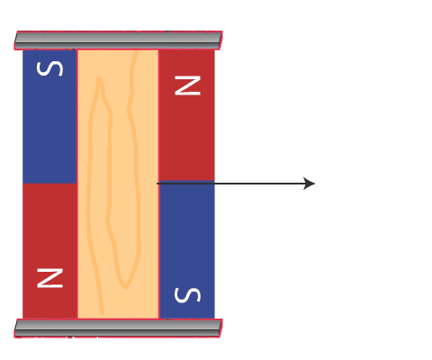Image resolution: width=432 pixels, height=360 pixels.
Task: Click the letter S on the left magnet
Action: [x=49, y=68]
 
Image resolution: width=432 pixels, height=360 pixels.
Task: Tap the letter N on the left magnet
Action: [x=49, y=278]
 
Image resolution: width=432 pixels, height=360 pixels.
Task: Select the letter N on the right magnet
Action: [x=187, y=85]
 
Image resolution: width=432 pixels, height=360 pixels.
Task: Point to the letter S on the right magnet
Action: [x=187, y=295]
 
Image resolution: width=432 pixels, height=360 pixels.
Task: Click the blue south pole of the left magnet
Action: [x=49, y=116]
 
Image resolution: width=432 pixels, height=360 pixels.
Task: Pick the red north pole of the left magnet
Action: [x=49, y=251]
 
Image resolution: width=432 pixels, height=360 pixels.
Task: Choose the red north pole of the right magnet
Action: [x=186, y=115]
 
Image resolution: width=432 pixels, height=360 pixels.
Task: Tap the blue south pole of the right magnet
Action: [x=186, y=249]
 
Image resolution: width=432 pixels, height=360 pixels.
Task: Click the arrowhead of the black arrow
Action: [x=309, y=184]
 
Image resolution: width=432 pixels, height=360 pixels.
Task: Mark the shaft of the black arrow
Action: [x=231, y=184]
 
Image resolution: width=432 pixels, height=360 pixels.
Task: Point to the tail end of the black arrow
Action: [x=157, y=184]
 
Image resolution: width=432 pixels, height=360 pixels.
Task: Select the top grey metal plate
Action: [x=118, y=40]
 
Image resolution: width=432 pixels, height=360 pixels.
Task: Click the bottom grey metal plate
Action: [x=118, y=328]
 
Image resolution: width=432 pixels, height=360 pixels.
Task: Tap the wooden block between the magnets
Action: [x=118, y=184]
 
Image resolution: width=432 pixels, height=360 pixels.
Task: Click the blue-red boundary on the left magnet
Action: [x=49, y=184]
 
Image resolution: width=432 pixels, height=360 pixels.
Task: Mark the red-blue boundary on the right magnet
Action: [x=186, y=181]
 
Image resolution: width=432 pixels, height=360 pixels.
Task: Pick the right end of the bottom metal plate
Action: [x=220, y=328]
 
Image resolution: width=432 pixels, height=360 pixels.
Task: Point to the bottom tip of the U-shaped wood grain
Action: [x=125, y=287]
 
